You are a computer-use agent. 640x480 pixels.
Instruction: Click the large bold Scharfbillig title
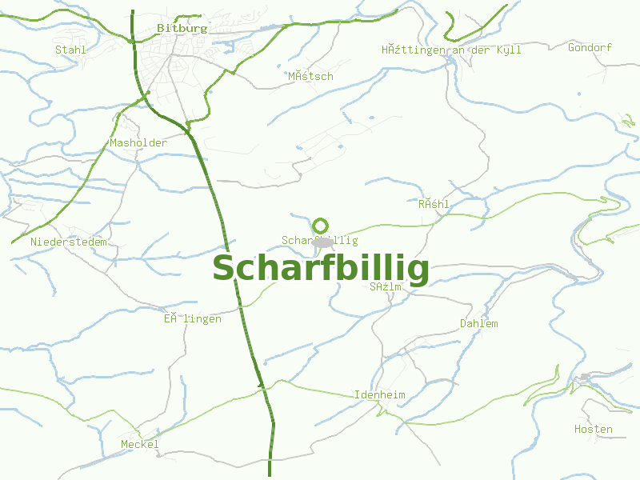point(321,269)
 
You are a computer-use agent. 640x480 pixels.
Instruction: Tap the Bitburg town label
point(182,28)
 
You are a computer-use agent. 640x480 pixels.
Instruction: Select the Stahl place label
point(70,50)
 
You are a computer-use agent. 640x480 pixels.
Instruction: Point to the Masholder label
point(138,143)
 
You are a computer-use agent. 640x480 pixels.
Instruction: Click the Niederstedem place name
point(68,242)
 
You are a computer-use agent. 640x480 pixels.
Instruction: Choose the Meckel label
point(140,444)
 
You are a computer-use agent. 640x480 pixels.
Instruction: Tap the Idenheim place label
point(380,395)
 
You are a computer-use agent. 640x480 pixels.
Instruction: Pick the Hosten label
point(594,430)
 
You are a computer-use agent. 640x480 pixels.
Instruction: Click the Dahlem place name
point(479,324)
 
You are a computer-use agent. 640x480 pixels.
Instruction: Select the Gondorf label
point(590,48)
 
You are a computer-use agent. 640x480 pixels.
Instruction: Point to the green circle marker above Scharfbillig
point(321,226)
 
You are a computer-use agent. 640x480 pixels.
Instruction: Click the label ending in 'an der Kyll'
point(451,50)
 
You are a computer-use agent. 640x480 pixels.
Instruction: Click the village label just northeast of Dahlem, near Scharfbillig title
point(386,286)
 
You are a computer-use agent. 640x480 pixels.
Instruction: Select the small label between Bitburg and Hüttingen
point(310,76)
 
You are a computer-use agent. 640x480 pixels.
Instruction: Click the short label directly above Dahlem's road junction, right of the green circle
point(434,204)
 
